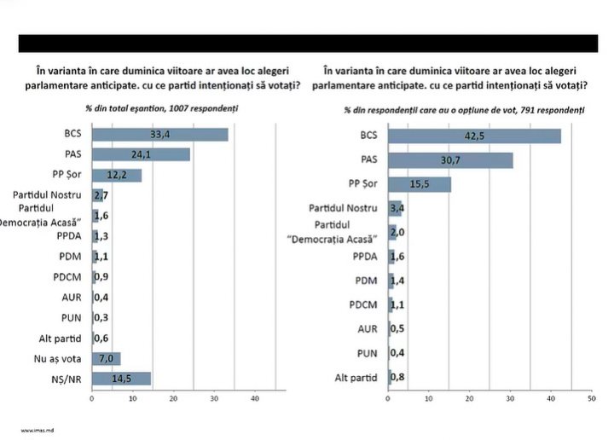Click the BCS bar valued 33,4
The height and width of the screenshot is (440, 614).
(159, 134)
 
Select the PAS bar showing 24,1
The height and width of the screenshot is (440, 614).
(141, 154)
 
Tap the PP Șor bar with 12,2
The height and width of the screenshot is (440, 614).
(117, 175)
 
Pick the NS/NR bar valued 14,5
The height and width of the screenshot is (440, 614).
(121, 379)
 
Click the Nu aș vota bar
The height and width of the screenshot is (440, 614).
(107, 358)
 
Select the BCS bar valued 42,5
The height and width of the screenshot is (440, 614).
(474, 136)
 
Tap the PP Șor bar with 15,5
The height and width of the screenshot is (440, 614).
(420, 183)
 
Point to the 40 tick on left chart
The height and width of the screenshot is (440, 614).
(254, 399)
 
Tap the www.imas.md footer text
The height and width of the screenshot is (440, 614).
(38, 431)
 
